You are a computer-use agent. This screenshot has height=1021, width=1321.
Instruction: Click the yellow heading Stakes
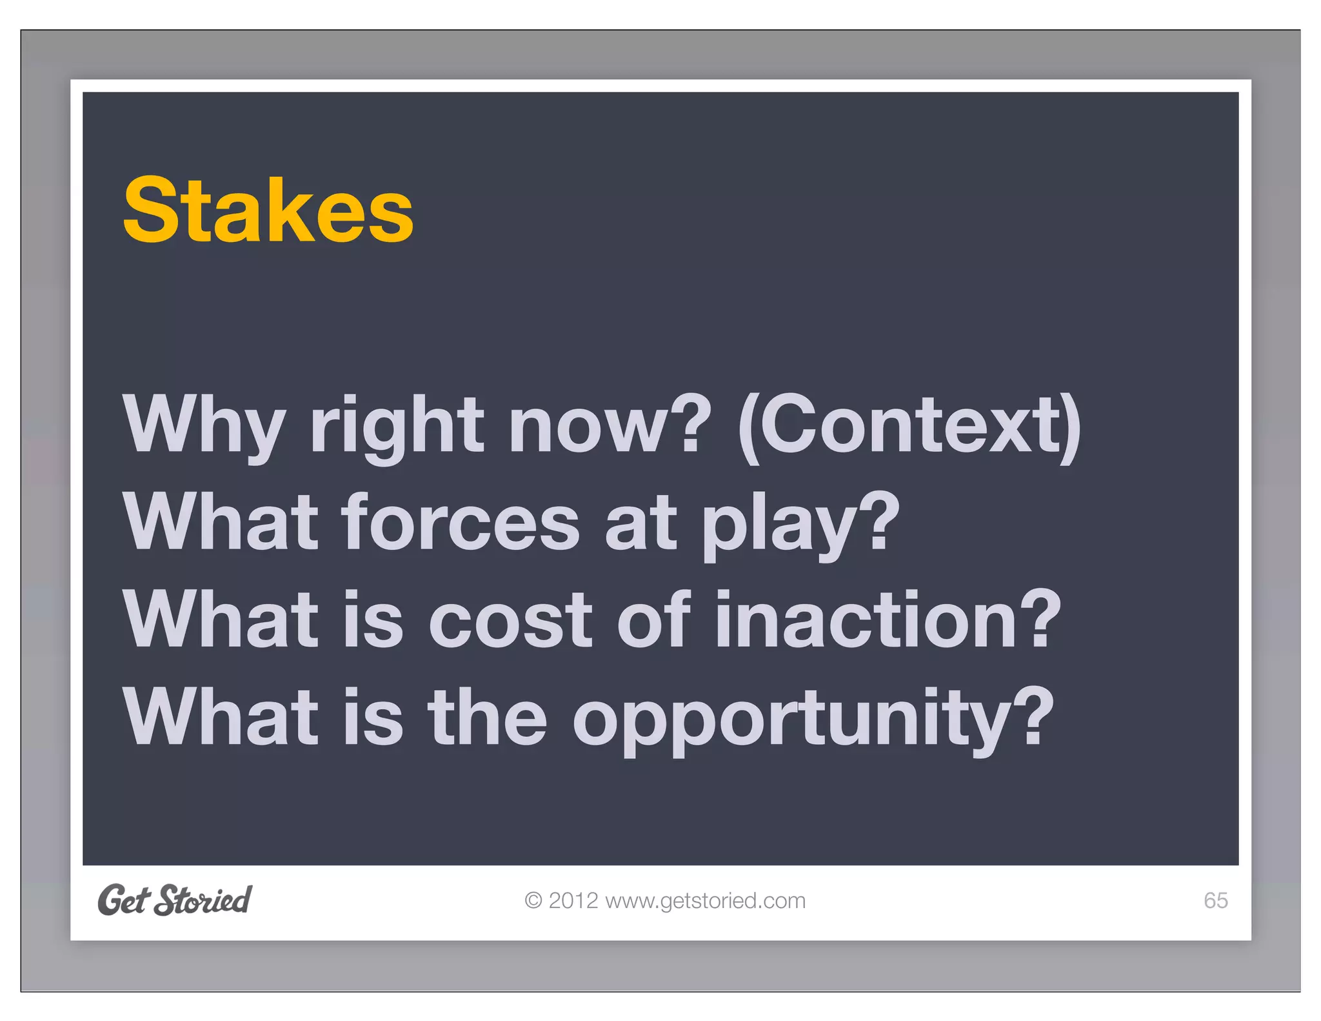[268, 210]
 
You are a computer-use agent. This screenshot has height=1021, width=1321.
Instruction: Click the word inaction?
[888, 621]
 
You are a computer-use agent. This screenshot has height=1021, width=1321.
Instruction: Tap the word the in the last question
[487, 718]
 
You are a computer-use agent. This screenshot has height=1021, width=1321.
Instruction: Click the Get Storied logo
[175, 900]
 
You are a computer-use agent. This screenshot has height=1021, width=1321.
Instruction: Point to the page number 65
[1215, 900]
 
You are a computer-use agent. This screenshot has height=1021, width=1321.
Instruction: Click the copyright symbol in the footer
[533, 900]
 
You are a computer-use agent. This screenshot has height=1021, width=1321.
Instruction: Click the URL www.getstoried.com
[705, 901]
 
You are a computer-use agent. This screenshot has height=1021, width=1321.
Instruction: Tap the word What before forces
[221, 523]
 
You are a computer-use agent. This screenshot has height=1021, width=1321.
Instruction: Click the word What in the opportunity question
[221, 718]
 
